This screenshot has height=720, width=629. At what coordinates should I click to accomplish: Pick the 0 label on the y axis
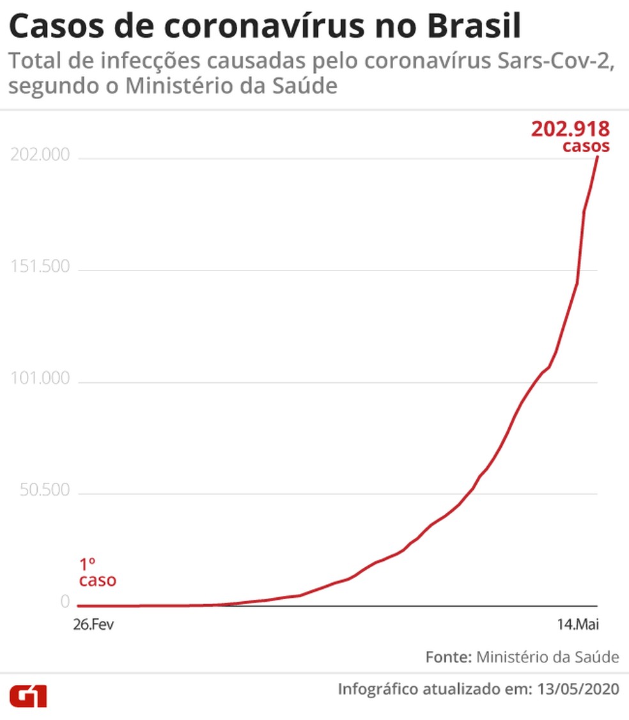pyautogui.click(x=65, y=602)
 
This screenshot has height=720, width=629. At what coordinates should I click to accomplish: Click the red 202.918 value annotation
pyautogui.click(x=570, y=129)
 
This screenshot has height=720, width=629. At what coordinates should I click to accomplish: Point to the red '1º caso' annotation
pyautogui.click(x=97, y=572)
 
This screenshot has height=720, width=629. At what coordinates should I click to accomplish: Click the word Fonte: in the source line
pyautogui.click(x=448, y=657)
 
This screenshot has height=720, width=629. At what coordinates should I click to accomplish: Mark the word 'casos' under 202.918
pyautogui.click(x=586, y=146)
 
